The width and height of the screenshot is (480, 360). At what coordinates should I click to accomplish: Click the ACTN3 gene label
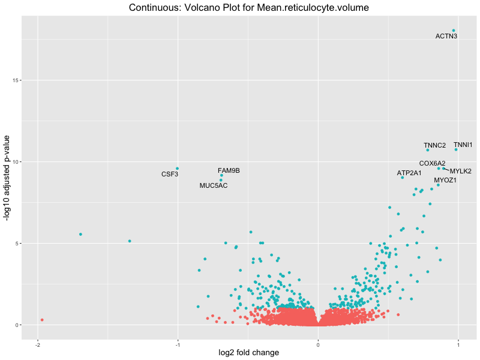(446, 37)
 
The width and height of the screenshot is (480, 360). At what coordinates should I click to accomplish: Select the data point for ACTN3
(454, 31)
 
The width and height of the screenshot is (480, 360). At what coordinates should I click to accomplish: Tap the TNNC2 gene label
(435, 146)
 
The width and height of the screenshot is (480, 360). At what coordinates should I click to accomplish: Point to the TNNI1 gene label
(463, 145)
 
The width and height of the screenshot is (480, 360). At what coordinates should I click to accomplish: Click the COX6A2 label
(433, 163)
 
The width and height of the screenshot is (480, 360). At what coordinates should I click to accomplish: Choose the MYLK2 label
(461, 172)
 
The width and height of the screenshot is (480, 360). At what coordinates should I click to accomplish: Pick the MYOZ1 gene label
(446, 180)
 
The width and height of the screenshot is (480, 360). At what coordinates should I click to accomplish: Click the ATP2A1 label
(409, 173)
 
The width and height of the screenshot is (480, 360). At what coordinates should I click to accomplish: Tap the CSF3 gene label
(170, 175)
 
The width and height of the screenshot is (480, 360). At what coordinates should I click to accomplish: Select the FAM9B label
(229, 171)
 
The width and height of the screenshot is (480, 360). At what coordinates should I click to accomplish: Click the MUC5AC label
(214, 186)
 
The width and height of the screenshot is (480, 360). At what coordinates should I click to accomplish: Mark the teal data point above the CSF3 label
(177, 169)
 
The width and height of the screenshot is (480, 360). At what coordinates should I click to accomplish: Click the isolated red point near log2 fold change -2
(42, 320)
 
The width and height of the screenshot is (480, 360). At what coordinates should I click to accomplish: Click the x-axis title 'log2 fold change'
(249, 353)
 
